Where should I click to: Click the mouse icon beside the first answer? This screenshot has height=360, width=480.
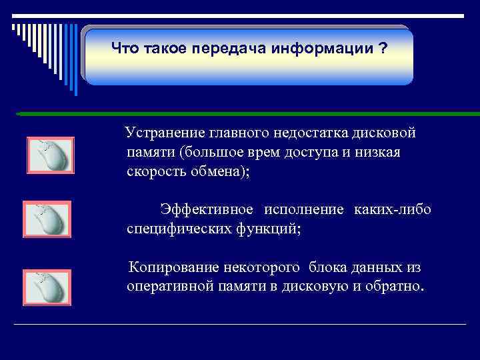click(50, 155)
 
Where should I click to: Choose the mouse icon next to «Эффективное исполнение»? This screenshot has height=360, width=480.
click(47, 219)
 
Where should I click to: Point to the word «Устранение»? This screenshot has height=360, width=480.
click(167, 133)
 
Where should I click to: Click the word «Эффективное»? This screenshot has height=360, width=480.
click(206, 210)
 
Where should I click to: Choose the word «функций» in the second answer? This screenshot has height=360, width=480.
click(272, 229)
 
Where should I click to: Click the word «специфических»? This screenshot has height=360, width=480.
click(175, 229)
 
